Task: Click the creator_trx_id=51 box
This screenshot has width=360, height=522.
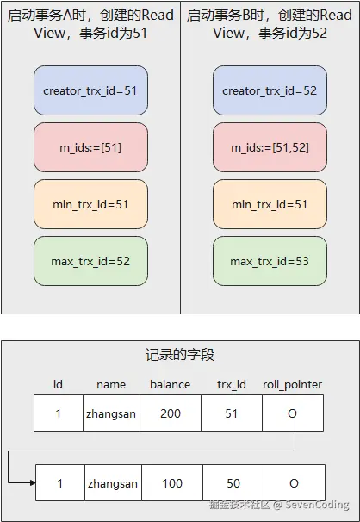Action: tap(90, 90)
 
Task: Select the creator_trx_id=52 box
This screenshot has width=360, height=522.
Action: tap(270, 90)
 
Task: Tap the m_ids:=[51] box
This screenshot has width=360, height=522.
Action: tap(90, 147)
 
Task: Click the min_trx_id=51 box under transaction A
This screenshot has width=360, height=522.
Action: tap(90, 204)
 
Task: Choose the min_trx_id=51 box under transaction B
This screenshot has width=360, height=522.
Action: tap(270, 204)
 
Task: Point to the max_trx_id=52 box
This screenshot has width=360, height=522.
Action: tap(90, 261)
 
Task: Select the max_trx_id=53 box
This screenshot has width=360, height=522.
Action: tap(270, 261)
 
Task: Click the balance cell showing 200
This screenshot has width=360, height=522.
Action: tap(171, 413)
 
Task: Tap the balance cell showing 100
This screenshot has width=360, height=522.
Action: tap(172, 483)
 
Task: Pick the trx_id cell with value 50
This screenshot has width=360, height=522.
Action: tap(233, 483)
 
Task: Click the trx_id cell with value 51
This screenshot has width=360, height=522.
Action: tap(232, 413)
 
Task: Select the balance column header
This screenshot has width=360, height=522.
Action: tap(170, 385)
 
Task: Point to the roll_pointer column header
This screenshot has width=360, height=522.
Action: tap(293, 385)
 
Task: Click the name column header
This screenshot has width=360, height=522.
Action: tap(111, 385)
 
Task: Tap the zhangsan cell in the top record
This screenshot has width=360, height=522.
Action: tap(111, 413)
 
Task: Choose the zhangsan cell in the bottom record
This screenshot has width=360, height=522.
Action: tap(113, 483)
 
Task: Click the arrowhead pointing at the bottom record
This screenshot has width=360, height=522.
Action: tap(33, 482)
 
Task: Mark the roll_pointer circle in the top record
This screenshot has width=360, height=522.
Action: tap(292, 413)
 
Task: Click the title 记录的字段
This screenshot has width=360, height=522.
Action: tap(180, 355)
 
